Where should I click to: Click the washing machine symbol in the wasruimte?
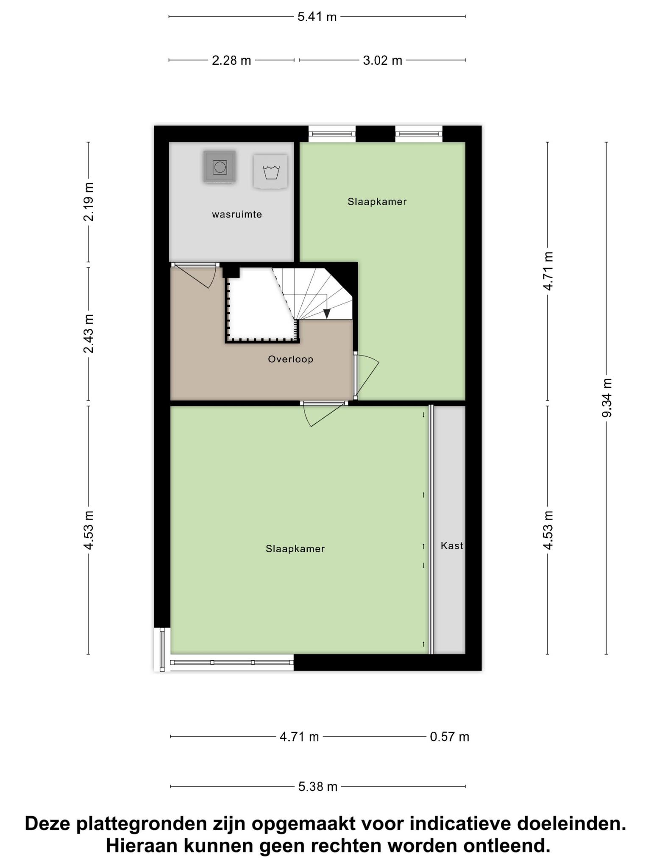(x=220, y=167)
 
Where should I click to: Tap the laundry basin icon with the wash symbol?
(x=270, y=172)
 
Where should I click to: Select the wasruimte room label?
(x=237, y=214)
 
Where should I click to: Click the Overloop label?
(x=291, y=359)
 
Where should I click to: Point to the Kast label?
(x=452, y=546)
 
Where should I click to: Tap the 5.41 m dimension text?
(x=317, y=17)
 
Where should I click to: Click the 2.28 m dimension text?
(x=231, y=61)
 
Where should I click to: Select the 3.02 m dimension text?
(x=382, y=61)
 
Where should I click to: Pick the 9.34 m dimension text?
(x=606, y=398)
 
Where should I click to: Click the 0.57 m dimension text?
(x=450, y=737)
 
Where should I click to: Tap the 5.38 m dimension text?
(x=318, y=787)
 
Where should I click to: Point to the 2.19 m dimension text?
(x=89, y=202)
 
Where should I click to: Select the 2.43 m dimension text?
(x=89, y=334)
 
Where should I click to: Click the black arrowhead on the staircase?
(x=327, y=314)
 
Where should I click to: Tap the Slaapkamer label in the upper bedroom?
(x=377, y=202)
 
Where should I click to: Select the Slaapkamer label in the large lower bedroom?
(x=295, y=549)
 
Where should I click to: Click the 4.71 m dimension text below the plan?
(x=299, y=737)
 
